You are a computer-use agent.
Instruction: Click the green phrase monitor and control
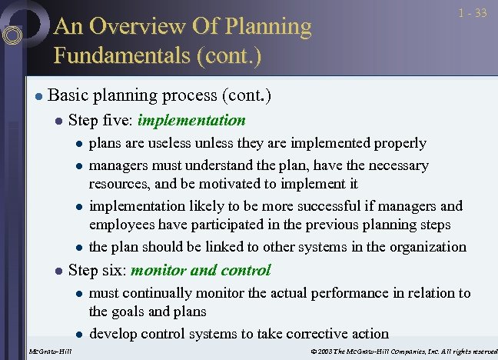coord(201,270)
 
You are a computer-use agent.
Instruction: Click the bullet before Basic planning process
coord(36,97)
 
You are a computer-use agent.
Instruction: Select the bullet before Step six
coord(58,271)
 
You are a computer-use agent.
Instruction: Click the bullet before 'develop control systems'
coord(78,335)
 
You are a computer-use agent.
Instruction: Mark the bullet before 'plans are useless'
coord(78,144)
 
